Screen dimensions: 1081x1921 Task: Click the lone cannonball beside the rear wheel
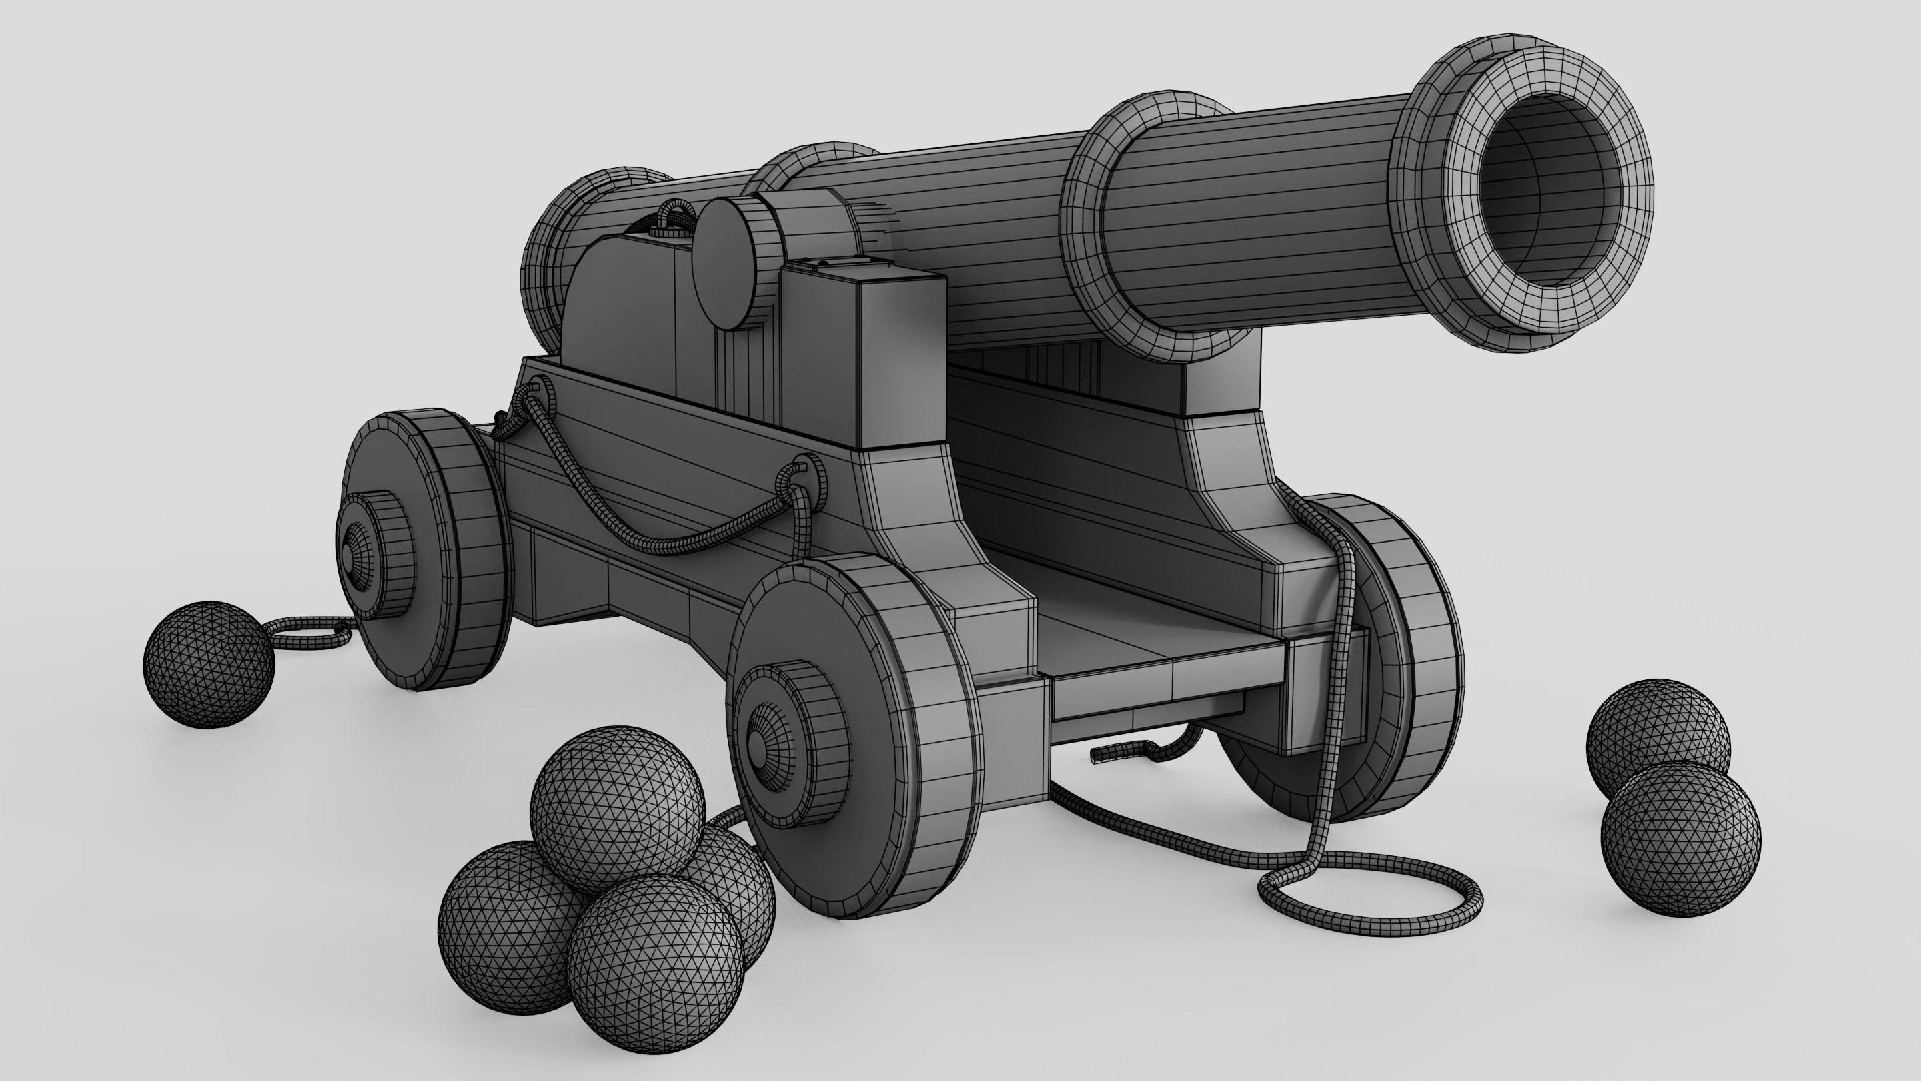tap(209, 665)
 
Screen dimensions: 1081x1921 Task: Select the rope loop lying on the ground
tap(1372, 895)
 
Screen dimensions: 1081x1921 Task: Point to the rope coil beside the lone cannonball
tap(309, 634)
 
